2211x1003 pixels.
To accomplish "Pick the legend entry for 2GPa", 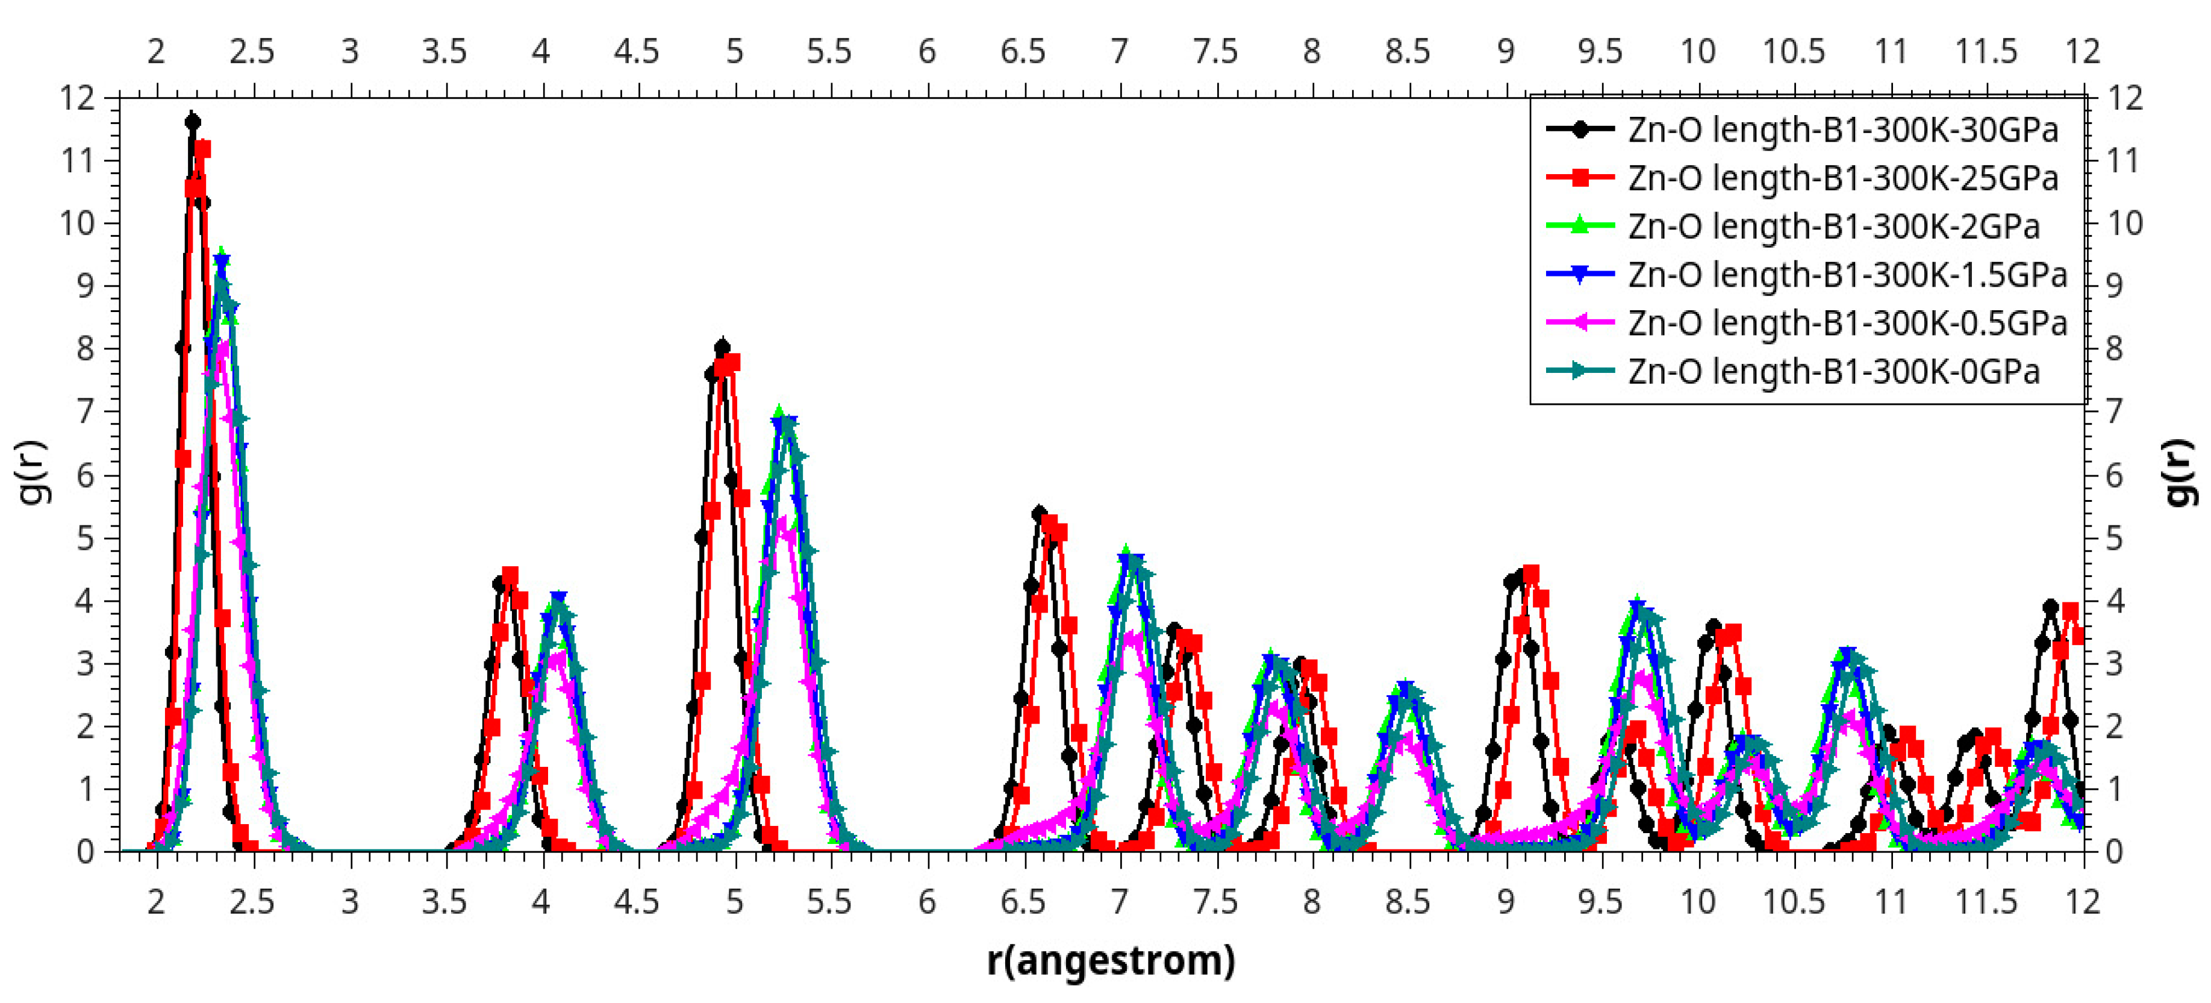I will (1833, 227).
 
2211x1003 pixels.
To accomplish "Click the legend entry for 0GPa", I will (1833, 372).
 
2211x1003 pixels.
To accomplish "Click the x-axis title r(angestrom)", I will (1111, 960).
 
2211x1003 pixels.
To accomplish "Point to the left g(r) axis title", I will (34, 473).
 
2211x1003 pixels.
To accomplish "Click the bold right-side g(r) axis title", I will (2180, 473).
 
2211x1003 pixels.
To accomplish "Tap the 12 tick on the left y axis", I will (76, 98).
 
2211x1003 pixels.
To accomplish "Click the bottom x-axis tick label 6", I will (926, 902).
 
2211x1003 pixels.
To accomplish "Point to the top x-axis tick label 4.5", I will (636, 52).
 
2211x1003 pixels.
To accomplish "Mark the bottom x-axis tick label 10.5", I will (1793, 902).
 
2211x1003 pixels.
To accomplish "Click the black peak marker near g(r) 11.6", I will (192, 122).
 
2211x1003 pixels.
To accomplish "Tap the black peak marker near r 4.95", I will (722, 348).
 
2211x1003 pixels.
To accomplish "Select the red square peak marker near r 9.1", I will (1530, 573).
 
